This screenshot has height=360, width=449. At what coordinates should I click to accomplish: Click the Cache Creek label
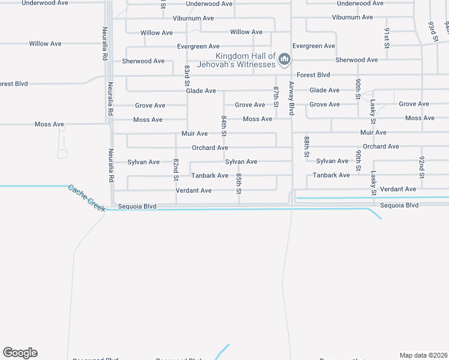[x=87, y=197]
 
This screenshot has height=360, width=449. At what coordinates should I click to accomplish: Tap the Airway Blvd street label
[x=291, y=98]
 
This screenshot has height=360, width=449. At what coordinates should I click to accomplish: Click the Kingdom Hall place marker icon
[x=285, y=59]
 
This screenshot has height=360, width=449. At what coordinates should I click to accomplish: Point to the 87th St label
[x=276, y=96]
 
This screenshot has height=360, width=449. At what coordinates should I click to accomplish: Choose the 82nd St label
[x=176, y=169]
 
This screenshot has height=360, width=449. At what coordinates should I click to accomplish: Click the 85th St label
[x=238, y=184]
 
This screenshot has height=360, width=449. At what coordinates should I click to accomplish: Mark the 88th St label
[x=306, y=146]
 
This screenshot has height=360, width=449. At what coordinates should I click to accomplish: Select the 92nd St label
[x=421, y=167]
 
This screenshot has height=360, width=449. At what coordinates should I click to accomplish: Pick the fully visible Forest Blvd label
[x=313, y=75]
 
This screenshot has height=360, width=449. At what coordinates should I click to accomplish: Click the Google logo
[x=20, y=353]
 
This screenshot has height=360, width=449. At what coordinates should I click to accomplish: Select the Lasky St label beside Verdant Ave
[x=373, y=182]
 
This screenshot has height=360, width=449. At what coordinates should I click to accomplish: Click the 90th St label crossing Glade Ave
[x=358, y=89]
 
